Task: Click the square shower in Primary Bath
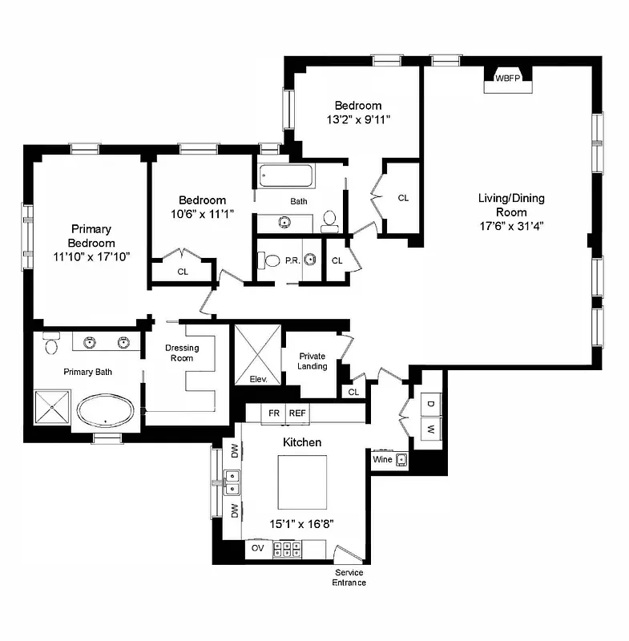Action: point(53,408)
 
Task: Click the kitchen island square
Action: point(303,482)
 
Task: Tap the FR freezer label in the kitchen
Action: point(274,413)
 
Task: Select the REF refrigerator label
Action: point(297,413)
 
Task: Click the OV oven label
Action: point(258,549)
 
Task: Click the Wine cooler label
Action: point(382,460)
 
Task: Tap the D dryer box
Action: point(429,402)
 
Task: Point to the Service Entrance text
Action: point(349,578)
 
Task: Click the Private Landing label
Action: point(312,361)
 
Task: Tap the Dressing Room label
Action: point(182,353)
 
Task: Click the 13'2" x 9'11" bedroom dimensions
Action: point(357,119)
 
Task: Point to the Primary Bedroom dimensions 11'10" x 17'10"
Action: point(91,256)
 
